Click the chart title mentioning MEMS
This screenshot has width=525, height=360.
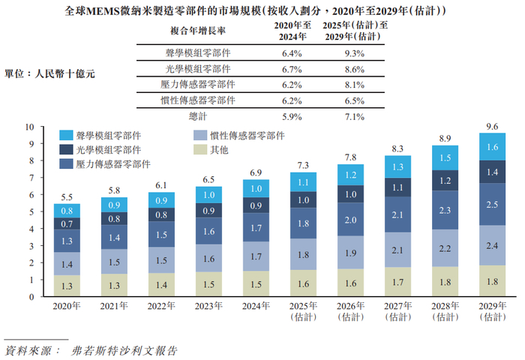click(x=262, y=12)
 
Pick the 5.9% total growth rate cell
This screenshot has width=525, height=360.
click(x=291, y=116)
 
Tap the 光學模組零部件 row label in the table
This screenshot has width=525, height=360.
click(x=198, y=70)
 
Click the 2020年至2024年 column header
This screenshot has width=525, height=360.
click(x=291, y=31)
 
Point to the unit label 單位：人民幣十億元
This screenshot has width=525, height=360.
click(x=49, y=74)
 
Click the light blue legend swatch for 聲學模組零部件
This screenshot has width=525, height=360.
click(x=66, y=136)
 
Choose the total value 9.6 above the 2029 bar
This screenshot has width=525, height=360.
click(x=492, y=127)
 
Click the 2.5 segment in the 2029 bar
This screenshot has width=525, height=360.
click(x=492, y=205)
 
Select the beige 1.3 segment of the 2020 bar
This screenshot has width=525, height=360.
click(x=66, y=286)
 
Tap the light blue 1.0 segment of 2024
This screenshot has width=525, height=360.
click(x=256, y=189)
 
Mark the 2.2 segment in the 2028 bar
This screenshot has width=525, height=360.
click(x=445, y=248)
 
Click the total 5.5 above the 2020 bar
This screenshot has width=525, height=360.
click(x=66, y=195)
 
